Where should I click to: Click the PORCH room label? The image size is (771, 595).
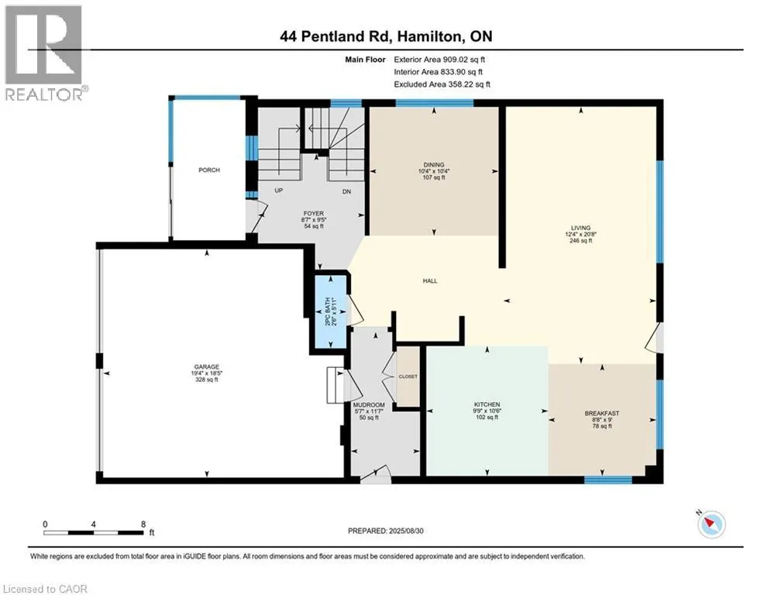(209, 170)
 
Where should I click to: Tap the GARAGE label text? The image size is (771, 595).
(207, 366)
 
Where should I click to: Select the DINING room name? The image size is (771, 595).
(434, 165)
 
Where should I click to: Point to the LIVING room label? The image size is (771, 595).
(580, 228)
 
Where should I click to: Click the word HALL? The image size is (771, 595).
(430, 280)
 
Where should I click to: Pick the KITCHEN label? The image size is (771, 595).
(487, 404)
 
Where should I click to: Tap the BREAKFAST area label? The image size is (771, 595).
(602, 414)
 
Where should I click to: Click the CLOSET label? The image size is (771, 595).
(408, 377)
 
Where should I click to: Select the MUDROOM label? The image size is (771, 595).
(369, 405)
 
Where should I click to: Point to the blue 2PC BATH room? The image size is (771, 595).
(331, 311)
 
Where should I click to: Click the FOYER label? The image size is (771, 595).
(314, 213)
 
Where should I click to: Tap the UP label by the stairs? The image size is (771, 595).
(279, 191)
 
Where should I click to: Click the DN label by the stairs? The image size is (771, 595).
(346, 192)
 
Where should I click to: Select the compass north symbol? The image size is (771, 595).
(711, 524)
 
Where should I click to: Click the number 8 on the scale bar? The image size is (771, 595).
(143, 524)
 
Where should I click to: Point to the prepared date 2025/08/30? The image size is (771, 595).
(406, 531)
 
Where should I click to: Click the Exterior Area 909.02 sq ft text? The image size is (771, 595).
(439, 60)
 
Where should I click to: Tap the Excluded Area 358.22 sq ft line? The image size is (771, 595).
(442, 84)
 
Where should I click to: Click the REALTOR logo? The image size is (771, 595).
(45, 53)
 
